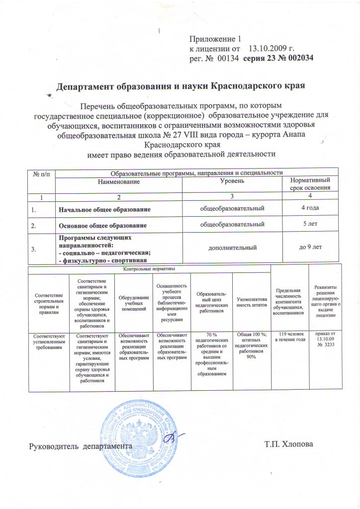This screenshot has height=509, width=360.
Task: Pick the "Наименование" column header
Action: click(x=122, y=182)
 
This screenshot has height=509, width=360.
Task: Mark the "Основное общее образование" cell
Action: click(x=103, y=226)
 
